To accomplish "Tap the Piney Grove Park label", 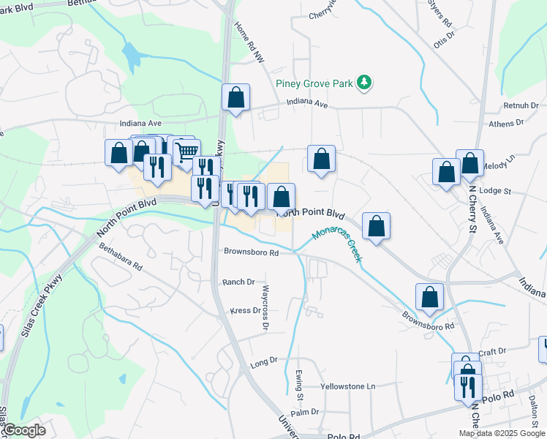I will [x=314, y=83].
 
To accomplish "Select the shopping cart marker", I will [x=187, y=151].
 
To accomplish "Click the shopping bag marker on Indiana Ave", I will [x=235, y=97].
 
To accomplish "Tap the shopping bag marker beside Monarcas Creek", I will [x=376, y=226].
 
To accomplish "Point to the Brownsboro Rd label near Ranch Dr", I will [x=252, y=253].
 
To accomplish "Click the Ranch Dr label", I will [x=238, y=282].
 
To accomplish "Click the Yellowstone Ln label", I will [x=348, y=386].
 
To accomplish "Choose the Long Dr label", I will [x=264, y=361].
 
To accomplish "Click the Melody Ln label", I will [x=500, y=157].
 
